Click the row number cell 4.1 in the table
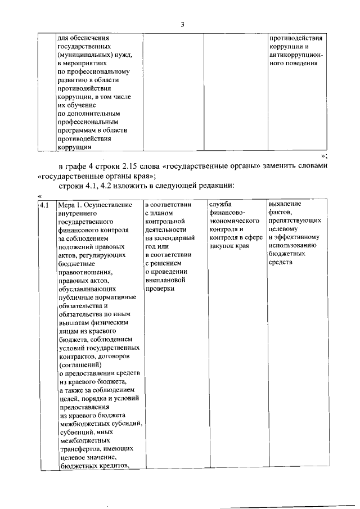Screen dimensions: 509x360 tap(46, 205)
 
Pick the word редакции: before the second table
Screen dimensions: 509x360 tap(210, 186)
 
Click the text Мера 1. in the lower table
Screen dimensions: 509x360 tap(73, 205)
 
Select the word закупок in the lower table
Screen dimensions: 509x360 tap(220, 238)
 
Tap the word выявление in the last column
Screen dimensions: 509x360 tap(285, 204)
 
